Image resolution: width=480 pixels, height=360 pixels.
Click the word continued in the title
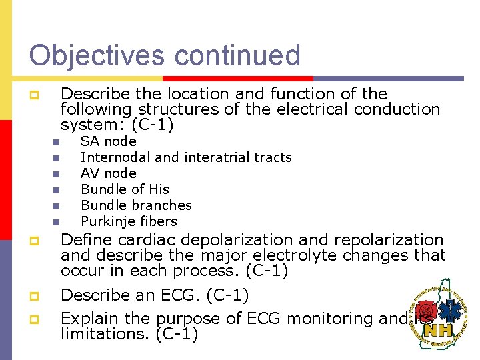(x=238, y=55)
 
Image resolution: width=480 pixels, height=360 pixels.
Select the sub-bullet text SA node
(x=108, y=141)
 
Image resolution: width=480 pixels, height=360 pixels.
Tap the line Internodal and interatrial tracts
(x=186, y=157)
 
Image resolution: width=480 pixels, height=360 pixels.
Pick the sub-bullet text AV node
(x=108, y=173)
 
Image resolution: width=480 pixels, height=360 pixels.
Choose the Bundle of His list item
(x=125, y=189)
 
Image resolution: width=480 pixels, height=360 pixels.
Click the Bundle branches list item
(x=136, y=205)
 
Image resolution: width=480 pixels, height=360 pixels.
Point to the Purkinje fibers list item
(x=129, y=221)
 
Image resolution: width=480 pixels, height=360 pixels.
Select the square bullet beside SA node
(x=57, y=142)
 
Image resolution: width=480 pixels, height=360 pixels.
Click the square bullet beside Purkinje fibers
(x=57, y=222)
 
